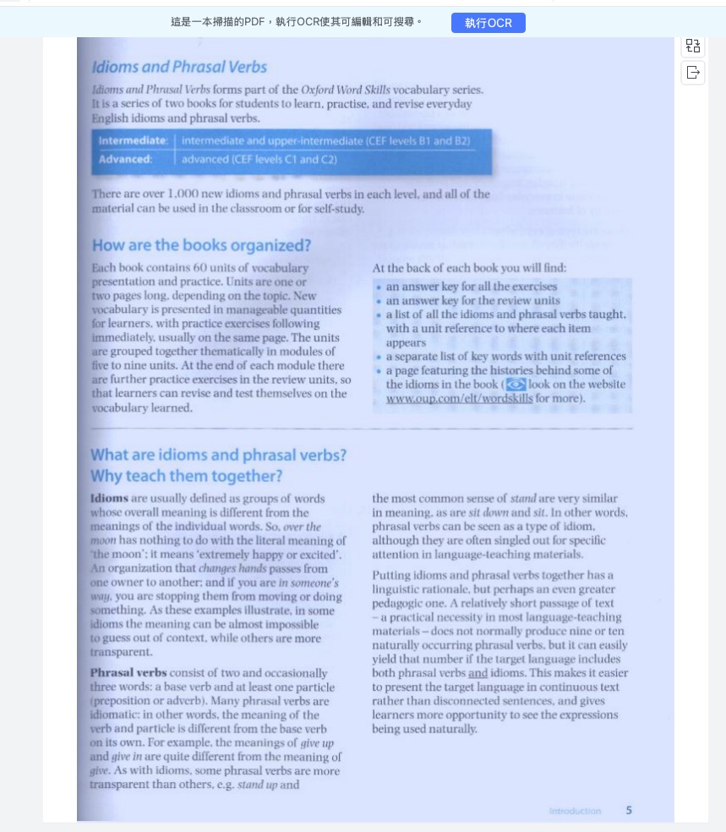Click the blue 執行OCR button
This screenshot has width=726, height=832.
tap(488, 23)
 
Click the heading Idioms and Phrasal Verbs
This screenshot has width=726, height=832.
tap(179, 67)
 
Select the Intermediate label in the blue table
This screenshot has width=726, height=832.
tap(133, 140)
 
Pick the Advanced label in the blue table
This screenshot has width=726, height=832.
tap(125, 159)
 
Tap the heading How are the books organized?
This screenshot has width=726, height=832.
tap(201, 245)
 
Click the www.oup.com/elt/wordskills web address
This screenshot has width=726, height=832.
tap(459, 397)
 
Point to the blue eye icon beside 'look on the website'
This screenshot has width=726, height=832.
tap(515, 384)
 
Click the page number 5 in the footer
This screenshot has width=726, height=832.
tap(628, 810)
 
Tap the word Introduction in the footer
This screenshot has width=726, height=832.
tap(575, 811)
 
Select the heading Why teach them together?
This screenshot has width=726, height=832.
tap(186, 476)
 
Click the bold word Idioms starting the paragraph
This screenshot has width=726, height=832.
tap(109, 498)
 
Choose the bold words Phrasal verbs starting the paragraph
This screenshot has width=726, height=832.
tap(128, 673)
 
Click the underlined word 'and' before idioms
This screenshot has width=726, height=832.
tap(478, 673)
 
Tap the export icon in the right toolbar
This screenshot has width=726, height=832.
tap(693, 73)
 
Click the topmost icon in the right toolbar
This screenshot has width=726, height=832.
tap(693, 46)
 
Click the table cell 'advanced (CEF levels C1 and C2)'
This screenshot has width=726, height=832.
tap(259, 159)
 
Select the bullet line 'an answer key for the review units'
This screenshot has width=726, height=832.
tap(472, 300)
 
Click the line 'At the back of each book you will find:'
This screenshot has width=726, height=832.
tap(469, 268)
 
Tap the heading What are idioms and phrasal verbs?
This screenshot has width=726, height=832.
tap(218, 455)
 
